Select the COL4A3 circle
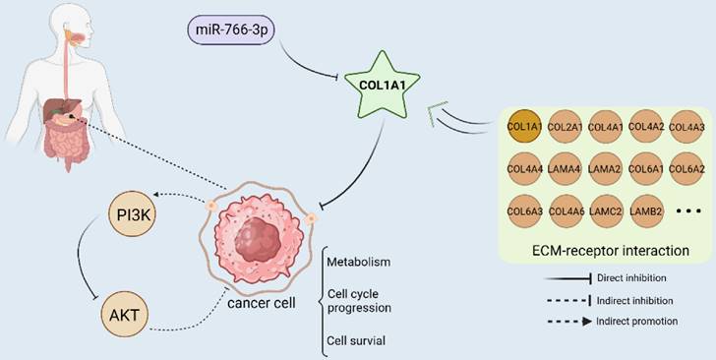tap(686, 126)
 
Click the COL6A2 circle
tap(686, 168)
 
